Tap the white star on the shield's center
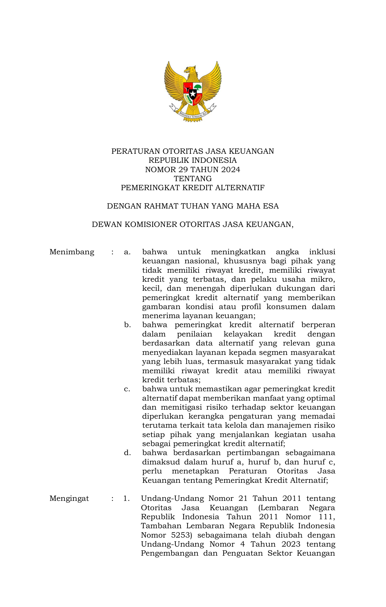coord(193,93)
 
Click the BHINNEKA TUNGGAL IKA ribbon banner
coord(193,115)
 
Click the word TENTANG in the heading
coord(193,179)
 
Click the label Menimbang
coord(72,252)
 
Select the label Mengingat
coord(69,498)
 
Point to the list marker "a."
coord(127,252)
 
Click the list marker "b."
coord(127,325)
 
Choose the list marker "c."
coord(127,389)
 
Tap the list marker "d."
coord(127,453)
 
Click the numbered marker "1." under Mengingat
coord(126,498)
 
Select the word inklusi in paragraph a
coord(322,252)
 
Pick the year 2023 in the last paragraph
coord(291,544)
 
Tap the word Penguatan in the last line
coord(242,553)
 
